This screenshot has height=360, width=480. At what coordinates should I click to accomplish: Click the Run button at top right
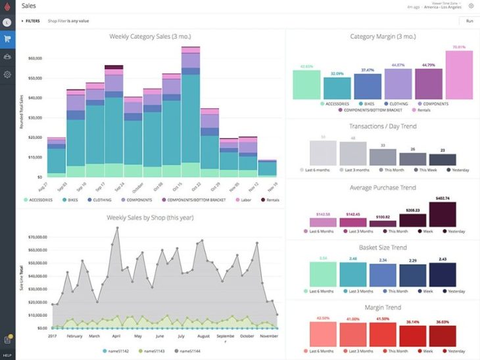469,21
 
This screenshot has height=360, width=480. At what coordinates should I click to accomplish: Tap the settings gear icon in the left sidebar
7,74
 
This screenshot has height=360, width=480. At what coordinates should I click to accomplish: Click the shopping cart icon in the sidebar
7,39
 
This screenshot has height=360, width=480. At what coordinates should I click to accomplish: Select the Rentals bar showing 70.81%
459,75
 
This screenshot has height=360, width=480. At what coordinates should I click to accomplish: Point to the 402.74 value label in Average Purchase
443,198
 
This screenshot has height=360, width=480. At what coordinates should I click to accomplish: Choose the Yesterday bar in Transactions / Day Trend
443,160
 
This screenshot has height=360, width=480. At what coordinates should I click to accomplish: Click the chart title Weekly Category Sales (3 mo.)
150,37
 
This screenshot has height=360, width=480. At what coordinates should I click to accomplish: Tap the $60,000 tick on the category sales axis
35,58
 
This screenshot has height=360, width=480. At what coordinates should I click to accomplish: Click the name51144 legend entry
188,352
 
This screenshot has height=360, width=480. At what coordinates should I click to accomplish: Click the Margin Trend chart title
383,307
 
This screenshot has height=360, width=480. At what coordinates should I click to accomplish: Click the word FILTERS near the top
32,21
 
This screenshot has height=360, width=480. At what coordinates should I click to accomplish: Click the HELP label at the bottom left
7,355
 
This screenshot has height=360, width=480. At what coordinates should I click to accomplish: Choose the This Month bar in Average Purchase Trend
383,223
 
